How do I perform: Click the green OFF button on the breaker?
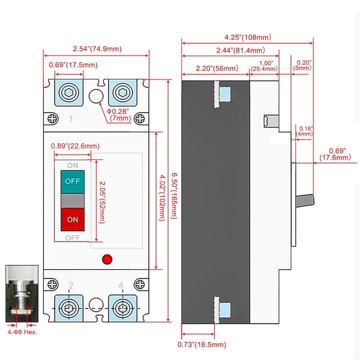coord(72,180)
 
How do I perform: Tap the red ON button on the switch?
coord(72,219)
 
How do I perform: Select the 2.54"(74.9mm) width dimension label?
coord(97,48)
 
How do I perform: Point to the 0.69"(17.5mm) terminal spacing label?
coord(73,65)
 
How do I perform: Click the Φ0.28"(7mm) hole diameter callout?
coord(118,114)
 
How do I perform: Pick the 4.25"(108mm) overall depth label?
coord(247,36)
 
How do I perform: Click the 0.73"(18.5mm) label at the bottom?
coord(202,344)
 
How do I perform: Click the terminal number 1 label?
coord(71,119)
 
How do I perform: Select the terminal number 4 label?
coord(121,285)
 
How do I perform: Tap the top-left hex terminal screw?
coord(68,92)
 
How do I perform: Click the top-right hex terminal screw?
coord(121,92)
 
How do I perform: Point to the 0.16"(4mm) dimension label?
coord(304,131)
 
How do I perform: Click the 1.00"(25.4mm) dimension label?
coord(265,66)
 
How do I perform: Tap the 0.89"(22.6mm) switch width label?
coord(75,146)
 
